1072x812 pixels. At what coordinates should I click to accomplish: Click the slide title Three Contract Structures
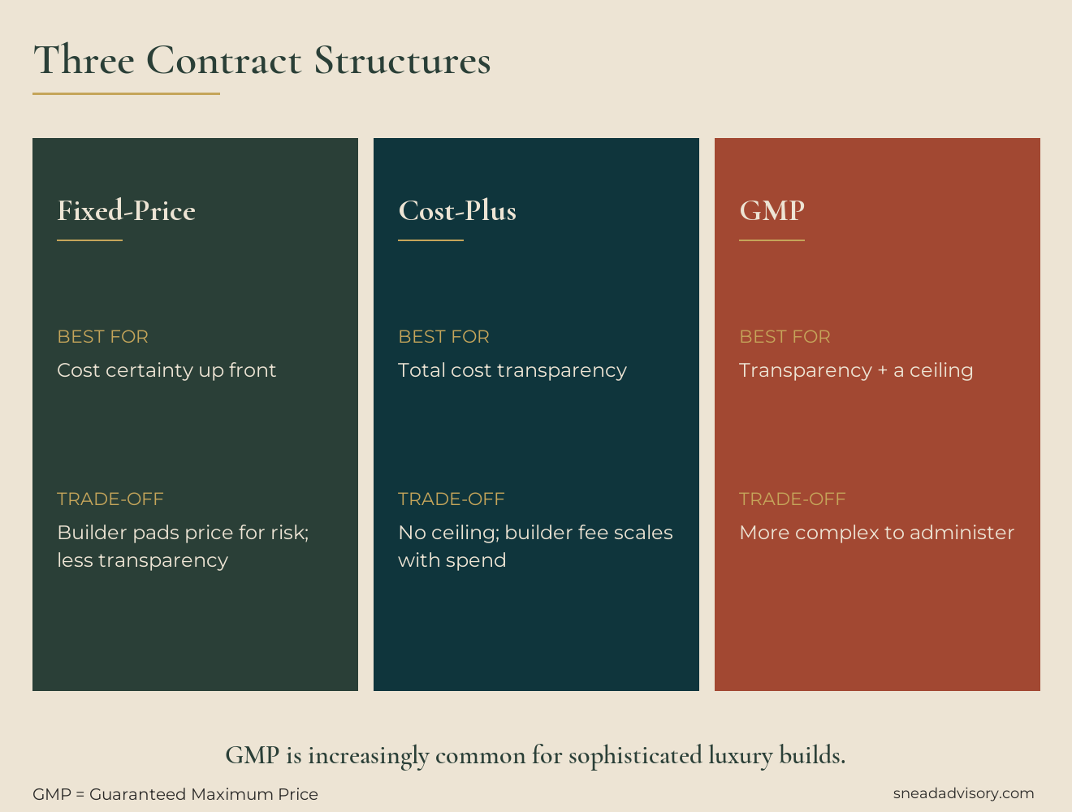pos(262,61)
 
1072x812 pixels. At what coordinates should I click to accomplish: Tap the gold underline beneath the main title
pos(126,93)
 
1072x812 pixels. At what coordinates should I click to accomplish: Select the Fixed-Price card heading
pos(126,211)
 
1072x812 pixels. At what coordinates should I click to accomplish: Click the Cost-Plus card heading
pos(457,211)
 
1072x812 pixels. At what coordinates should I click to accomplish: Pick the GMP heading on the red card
pos(772,211)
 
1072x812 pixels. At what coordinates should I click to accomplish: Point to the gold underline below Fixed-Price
pos(89,240)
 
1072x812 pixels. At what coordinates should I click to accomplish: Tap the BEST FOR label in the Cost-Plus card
pos(443,336)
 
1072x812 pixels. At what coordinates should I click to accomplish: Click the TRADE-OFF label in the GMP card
pos(792,499)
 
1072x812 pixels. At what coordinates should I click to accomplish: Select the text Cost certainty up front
pos(166,370)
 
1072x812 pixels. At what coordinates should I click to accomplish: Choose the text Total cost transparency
pos(512,370)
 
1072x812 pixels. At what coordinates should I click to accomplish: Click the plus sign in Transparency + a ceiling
pos(882,371)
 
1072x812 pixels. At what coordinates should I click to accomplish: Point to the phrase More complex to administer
pos(876,533)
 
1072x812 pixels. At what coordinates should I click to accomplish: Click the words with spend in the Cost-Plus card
pos(452,560)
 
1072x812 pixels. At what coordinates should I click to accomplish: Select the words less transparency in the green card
pos(142,560)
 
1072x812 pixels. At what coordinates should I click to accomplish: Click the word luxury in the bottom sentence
pos(740,756)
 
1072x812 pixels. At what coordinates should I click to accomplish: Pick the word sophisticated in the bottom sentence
pos(634,756)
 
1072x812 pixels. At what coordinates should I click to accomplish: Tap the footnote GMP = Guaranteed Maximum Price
pos(175,794)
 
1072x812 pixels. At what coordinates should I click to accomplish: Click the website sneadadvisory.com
pos(963,793)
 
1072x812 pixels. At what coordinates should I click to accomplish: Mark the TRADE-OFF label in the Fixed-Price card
pos(110,499)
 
